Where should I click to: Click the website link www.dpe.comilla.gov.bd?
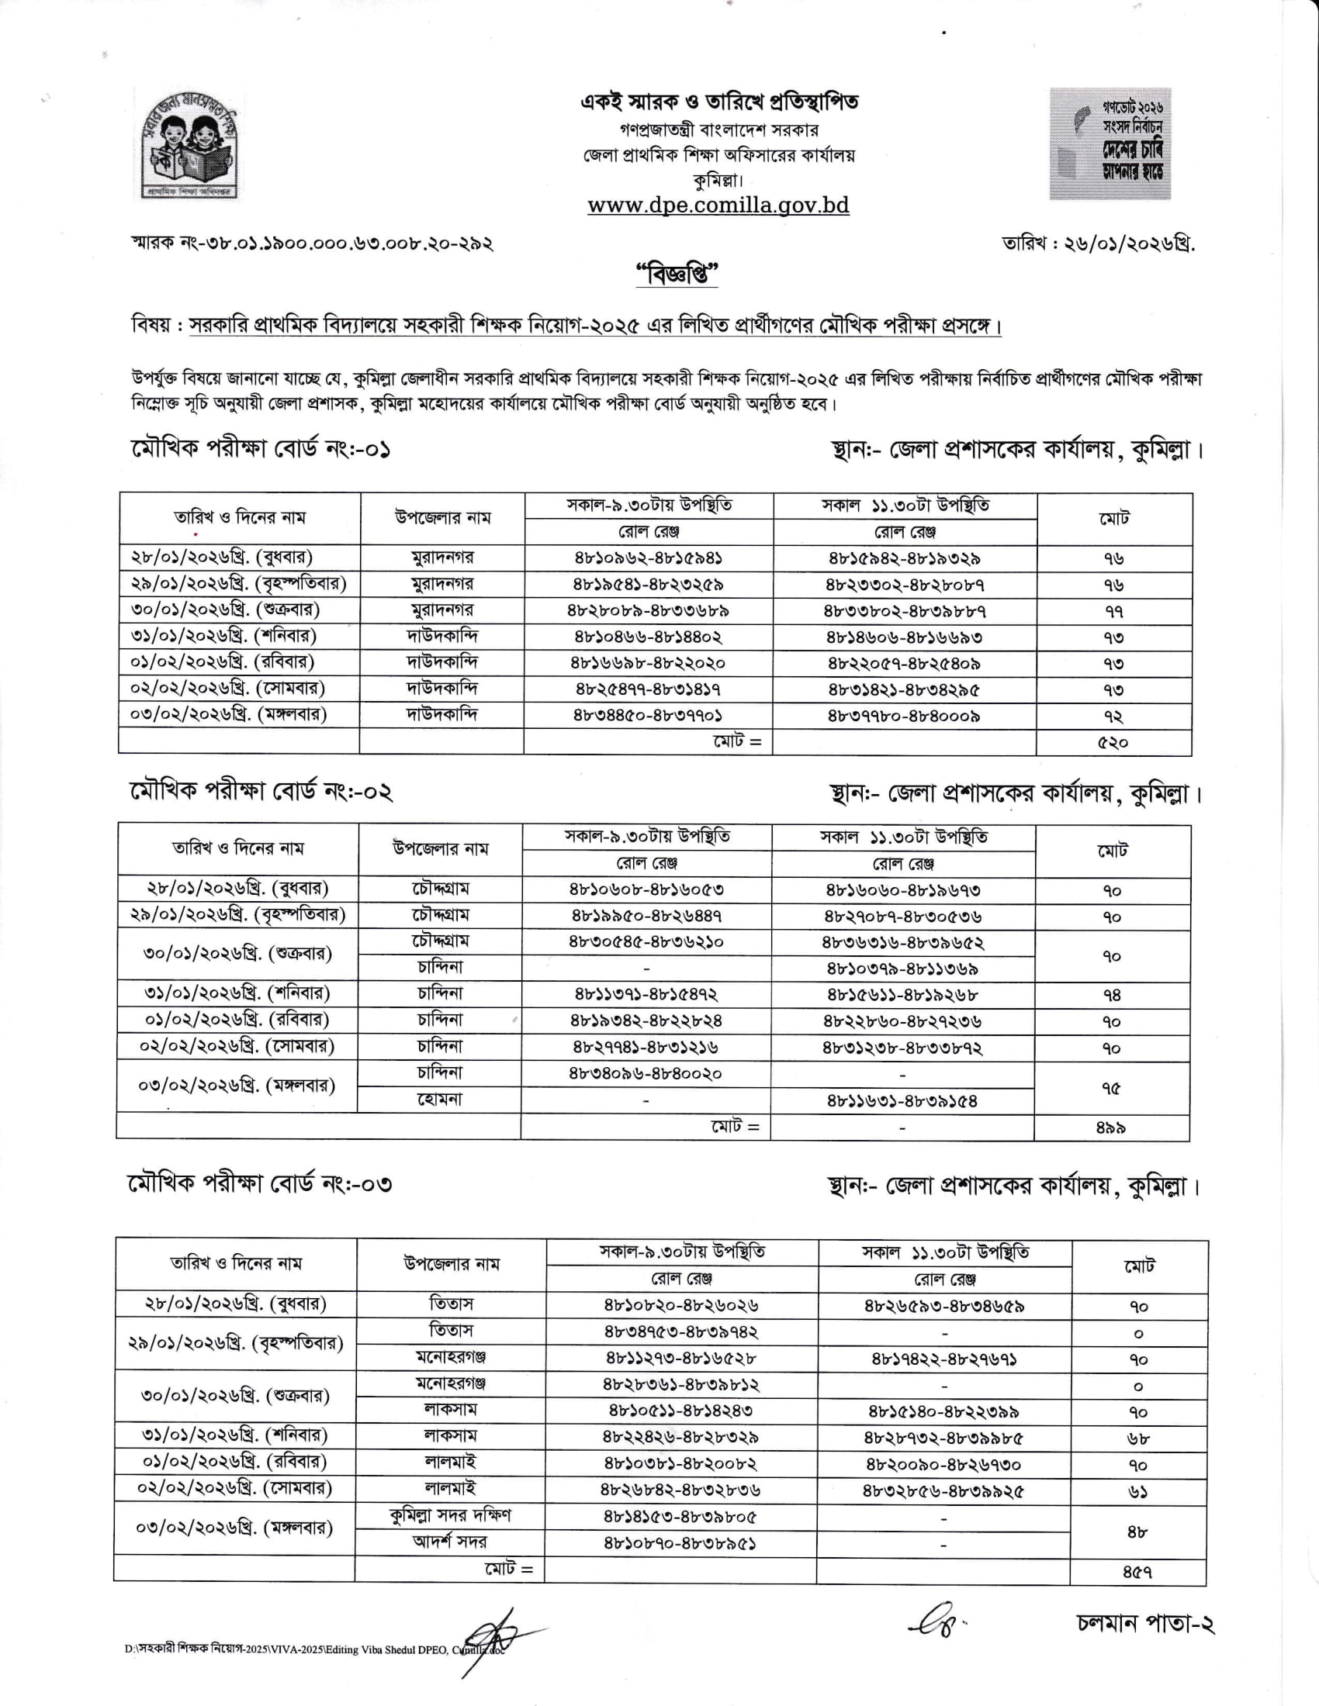(718, 205)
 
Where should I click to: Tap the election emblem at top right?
(1110, 143)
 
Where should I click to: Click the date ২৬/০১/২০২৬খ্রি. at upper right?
(1099, 243)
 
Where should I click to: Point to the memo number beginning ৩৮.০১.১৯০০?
(313, 243)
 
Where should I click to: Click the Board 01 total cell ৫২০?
(1113, 742)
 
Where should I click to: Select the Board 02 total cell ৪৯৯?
(1110, 1128)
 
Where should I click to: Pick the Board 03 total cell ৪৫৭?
(1137, 1570)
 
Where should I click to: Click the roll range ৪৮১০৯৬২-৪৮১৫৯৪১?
(648, 558)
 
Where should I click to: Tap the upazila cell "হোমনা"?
(439, 1100)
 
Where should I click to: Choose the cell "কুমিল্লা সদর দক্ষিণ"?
(450, 1515)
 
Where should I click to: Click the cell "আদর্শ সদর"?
(450, 1542)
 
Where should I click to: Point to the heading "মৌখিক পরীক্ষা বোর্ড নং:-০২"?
(261, 792)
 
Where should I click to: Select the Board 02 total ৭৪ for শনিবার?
(1112, 995)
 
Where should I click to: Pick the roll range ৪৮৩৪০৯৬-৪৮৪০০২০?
(646, 1074)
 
